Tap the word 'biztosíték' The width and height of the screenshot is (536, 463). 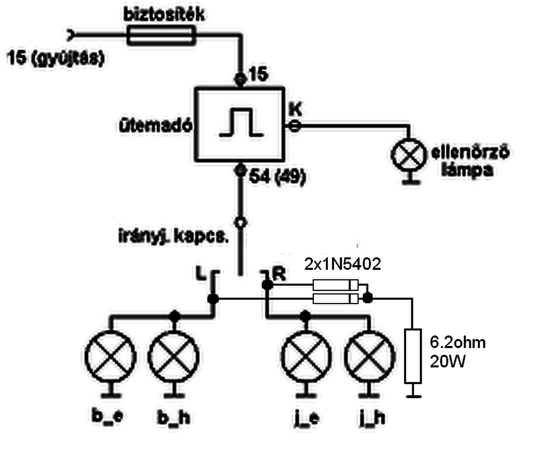pyautogui.click(x=164, y=15)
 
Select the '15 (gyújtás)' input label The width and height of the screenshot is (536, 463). pyautogui.click(x=55, y=58)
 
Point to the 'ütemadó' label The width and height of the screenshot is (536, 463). pyautogui.click(x=155, y=125)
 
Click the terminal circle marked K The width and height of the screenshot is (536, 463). pyautogui.click(x=295, y=125)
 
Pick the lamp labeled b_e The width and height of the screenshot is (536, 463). pyautogui.click(x=110, y=356)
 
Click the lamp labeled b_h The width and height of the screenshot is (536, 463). pyautogui.click(x=174, y=356)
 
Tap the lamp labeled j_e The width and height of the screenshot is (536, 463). pyautogui.click(x=306, y=356)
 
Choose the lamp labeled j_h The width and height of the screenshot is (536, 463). pyautogui.click(x=369, y=356)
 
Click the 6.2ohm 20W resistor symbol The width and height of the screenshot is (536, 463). pyautogui.click(x=412, y=356)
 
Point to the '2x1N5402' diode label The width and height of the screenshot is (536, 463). pyautogui.click(x=343, y=264)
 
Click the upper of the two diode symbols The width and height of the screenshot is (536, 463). pyautogui.click(x=335, y=285)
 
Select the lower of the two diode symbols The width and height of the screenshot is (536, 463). pyautogui.click(x=335, y=298)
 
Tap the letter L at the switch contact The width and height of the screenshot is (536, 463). pyautogui.click(x=201, y=274)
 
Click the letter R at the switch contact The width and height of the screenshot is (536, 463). pyautogui.click(x=279, y=274)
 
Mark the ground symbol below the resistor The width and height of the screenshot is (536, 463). pyautogui.click(x=412, y=395)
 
